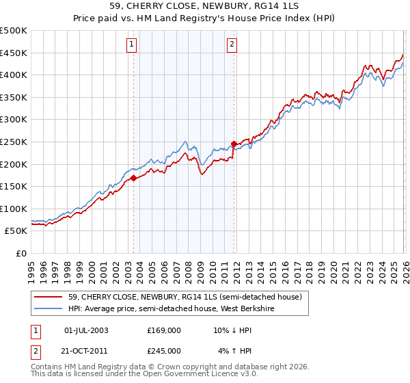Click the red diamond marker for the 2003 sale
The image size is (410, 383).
point(133,178)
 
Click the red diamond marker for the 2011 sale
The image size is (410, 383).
point(234,144)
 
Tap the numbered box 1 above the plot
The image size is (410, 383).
point(131,45)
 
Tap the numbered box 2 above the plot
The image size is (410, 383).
point(232,45)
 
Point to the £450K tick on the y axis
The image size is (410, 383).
point(14,53)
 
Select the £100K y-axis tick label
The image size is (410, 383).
point(14,209)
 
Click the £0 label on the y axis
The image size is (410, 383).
point(22,253)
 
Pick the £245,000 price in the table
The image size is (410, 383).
point(164,350)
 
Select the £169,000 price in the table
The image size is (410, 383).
point(164,330)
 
